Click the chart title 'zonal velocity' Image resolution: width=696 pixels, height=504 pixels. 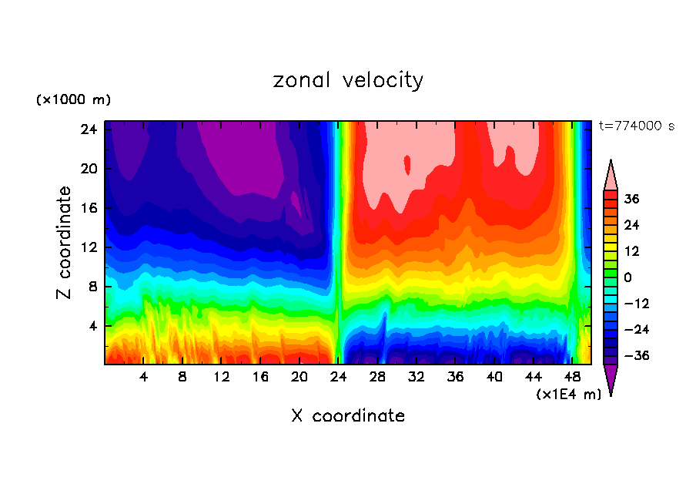348,80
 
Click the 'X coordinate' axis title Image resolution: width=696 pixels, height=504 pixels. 348,416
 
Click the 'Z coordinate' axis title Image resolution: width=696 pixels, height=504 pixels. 65,243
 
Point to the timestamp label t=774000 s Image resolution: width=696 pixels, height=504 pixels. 636,126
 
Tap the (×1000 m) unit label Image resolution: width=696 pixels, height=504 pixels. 73,100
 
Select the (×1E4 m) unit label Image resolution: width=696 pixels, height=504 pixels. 568,395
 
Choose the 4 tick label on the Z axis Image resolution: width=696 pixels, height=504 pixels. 94,326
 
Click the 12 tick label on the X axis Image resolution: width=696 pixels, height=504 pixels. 222,378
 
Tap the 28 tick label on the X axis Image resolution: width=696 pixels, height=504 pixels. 377,378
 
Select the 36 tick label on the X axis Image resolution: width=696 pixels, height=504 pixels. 455,378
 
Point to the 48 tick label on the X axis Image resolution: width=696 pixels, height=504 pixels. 572,378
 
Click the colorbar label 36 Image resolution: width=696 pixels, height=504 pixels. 631,199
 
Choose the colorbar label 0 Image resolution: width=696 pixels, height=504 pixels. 627,277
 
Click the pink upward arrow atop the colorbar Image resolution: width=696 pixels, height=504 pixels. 611,176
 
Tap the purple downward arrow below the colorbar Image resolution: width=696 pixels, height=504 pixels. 611,379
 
